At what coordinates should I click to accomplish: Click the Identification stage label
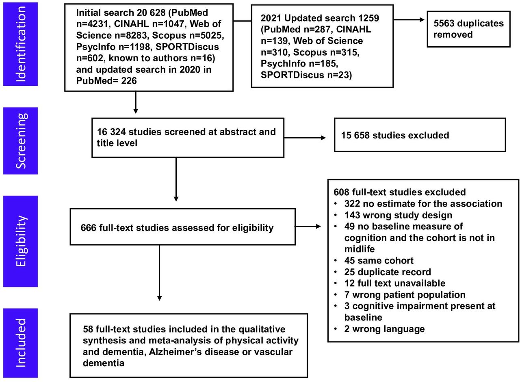(x=21, y=44)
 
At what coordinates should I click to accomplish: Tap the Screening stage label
(x=21, y=141)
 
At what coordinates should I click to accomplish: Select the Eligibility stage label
(x=21, y=241)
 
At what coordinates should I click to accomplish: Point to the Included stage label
(x=21, y=343)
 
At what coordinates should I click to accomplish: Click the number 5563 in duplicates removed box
(x=444, y=23)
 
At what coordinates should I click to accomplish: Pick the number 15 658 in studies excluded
(x=355, y=135)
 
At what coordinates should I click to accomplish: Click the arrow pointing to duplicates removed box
(x=409, y=20)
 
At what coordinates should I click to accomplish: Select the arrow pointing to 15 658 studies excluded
(x=305, y=138)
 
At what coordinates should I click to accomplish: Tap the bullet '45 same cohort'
(x=379, y=261)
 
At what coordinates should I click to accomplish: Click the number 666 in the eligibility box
(x=89, y=227)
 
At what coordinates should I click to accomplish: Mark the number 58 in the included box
(x=88, y=329)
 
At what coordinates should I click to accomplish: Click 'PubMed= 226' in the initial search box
(x=106, y=81)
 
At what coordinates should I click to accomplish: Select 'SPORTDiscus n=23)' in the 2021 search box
(x=306, y=75)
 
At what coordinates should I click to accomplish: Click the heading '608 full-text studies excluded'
(x=399, y=192)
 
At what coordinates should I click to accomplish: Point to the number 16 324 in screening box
(x=111, y=132)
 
